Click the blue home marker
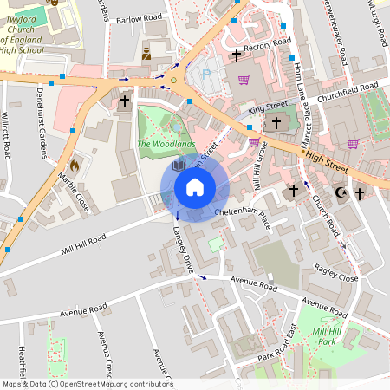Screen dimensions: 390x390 click(x=194, y=186)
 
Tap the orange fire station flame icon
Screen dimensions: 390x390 click(x=74, y=163)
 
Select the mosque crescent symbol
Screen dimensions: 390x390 click(x=341, y=192)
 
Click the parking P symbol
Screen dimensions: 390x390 click(x=205, y=75)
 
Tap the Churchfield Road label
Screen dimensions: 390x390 click(x=347, y=91)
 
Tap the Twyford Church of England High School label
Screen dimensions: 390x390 click(x=35, y=32)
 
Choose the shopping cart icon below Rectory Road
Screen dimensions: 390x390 click(x=244, y=80)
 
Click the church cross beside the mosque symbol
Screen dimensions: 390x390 click(x=359, y=194)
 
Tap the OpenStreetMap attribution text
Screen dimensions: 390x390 click(x=88, y=383)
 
